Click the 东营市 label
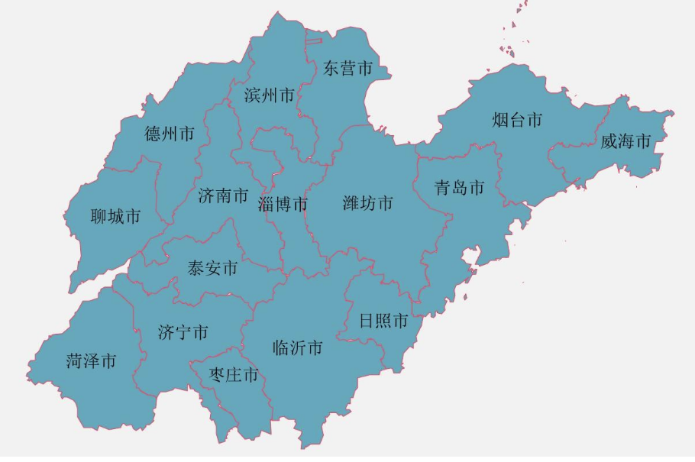(347, 69)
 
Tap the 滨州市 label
(269, 95)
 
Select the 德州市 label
(170, 134)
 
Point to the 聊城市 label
(115, 217)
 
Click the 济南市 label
(223, 196)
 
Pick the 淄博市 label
(283, 205)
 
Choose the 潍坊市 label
(368, 203)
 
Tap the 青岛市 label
(460, 188)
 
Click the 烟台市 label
(517, 120)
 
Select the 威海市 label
(625, 141)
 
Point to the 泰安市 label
(212, 268)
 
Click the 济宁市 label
(183, 333)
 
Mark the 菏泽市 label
(91, 361)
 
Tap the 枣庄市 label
(234, 375)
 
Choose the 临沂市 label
(298, 348)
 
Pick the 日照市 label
(383, 321)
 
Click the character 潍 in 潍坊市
(351, 203)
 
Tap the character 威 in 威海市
(609, 141)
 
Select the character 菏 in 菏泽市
(74, 361)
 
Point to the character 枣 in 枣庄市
(217, 375)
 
